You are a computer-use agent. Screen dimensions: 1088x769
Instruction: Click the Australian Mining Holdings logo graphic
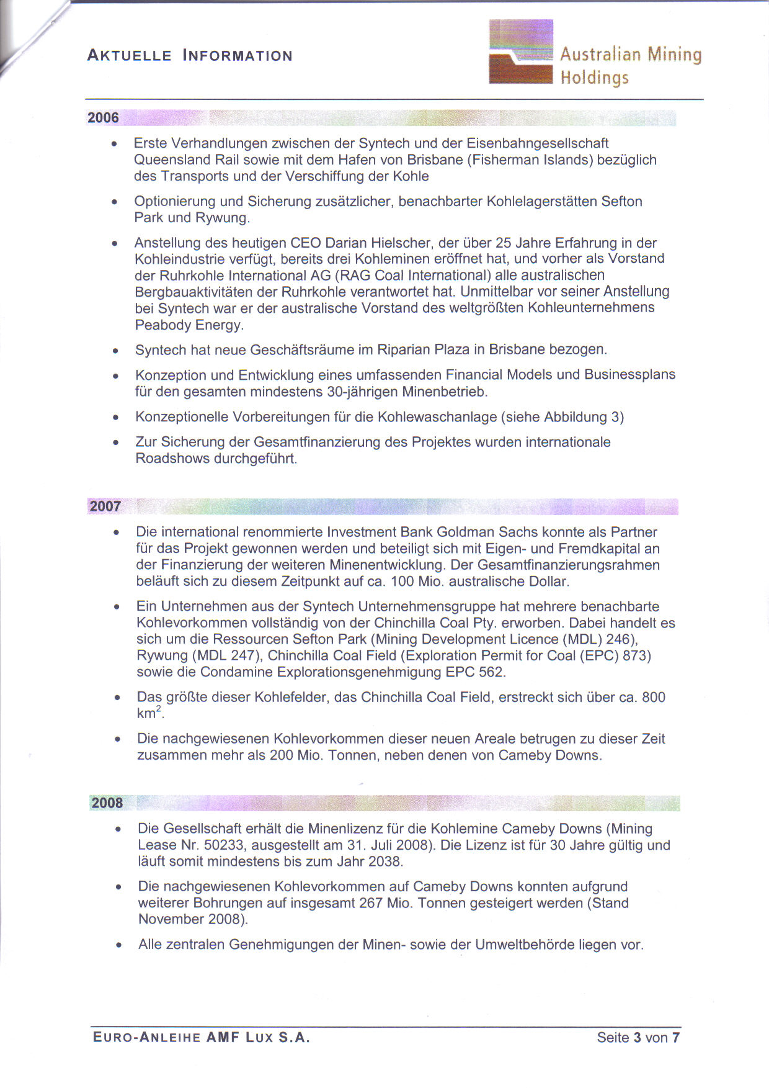520,52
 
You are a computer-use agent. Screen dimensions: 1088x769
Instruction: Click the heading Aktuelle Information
189,56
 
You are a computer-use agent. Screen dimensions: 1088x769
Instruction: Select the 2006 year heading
103,118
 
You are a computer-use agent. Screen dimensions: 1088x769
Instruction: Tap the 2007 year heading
105,506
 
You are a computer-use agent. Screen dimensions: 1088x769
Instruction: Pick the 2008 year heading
107,803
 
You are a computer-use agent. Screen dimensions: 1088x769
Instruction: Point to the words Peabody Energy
189,325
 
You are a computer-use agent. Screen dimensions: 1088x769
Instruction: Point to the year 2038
384,861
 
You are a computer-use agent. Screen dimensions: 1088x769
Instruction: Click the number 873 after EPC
634,656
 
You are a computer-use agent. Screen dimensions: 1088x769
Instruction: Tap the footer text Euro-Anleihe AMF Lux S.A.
201,1037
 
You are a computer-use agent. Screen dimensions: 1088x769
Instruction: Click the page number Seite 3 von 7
638,1037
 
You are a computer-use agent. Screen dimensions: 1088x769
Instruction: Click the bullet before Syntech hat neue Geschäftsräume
115,351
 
